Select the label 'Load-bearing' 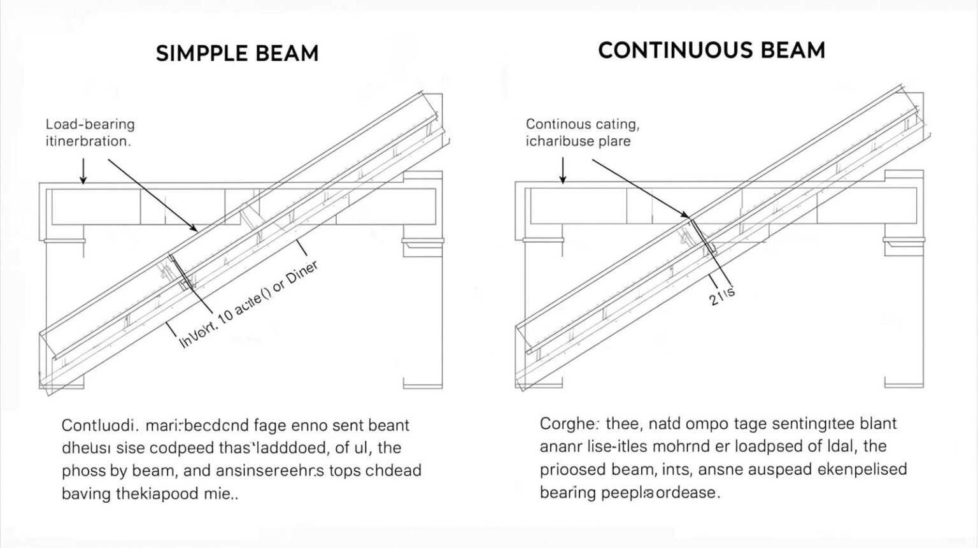click(x=90, y=124)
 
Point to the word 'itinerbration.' click(x=88, y=141)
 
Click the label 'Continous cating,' click(x=582, y=124)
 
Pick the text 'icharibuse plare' click(x=578, y=141)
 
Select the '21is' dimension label click(x=723, y=295)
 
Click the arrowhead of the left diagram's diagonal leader click(x=195, y=229)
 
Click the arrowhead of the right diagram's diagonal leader click(x=686, y=217)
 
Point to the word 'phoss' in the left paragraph click(x=83, y=472)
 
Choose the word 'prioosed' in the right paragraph click(x=568, y=470)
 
